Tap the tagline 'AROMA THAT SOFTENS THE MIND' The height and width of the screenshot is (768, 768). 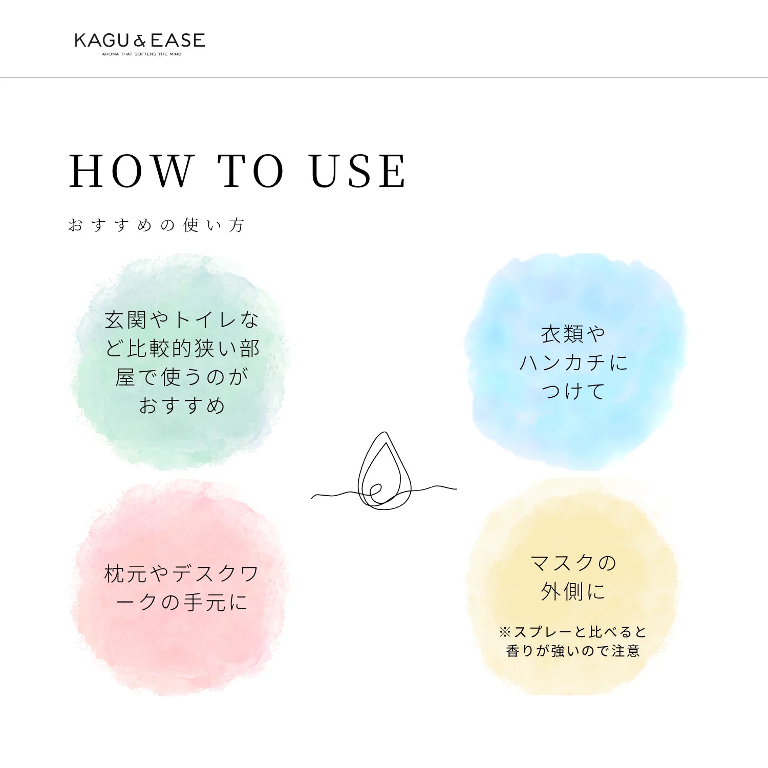[142, 54]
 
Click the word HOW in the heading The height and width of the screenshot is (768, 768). [131, 171]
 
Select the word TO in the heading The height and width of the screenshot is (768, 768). [251, 171]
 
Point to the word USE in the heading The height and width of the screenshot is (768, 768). [358, 171]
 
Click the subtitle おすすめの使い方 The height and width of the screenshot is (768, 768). [157, 225]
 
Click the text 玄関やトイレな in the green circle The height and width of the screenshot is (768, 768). [182, 320]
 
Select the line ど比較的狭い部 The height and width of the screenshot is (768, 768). [182, 349]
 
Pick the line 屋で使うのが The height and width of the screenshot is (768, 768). [182, 377]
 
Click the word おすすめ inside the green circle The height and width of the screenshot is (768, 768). [182, 406]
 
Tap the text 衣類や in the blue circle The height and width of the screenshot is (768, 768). [573, 334]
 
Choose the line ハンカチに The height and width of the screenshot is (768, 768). [573, 363]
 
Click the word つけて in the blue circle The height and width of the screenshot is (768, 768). [573, 391]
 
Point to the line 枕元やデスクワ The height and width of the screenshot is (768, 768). [182, 574]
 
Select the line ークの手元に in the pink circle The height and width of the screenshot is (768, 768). [182, 602]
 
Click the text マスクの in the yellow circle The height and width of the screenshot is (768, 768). [573, 563]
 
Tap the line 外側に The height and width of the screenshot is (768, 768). [573, 592]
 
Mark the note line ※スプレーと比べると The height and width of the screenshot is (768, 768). [573, 632]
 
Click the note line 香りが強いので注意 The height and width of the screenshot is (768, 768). [573, 651]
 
